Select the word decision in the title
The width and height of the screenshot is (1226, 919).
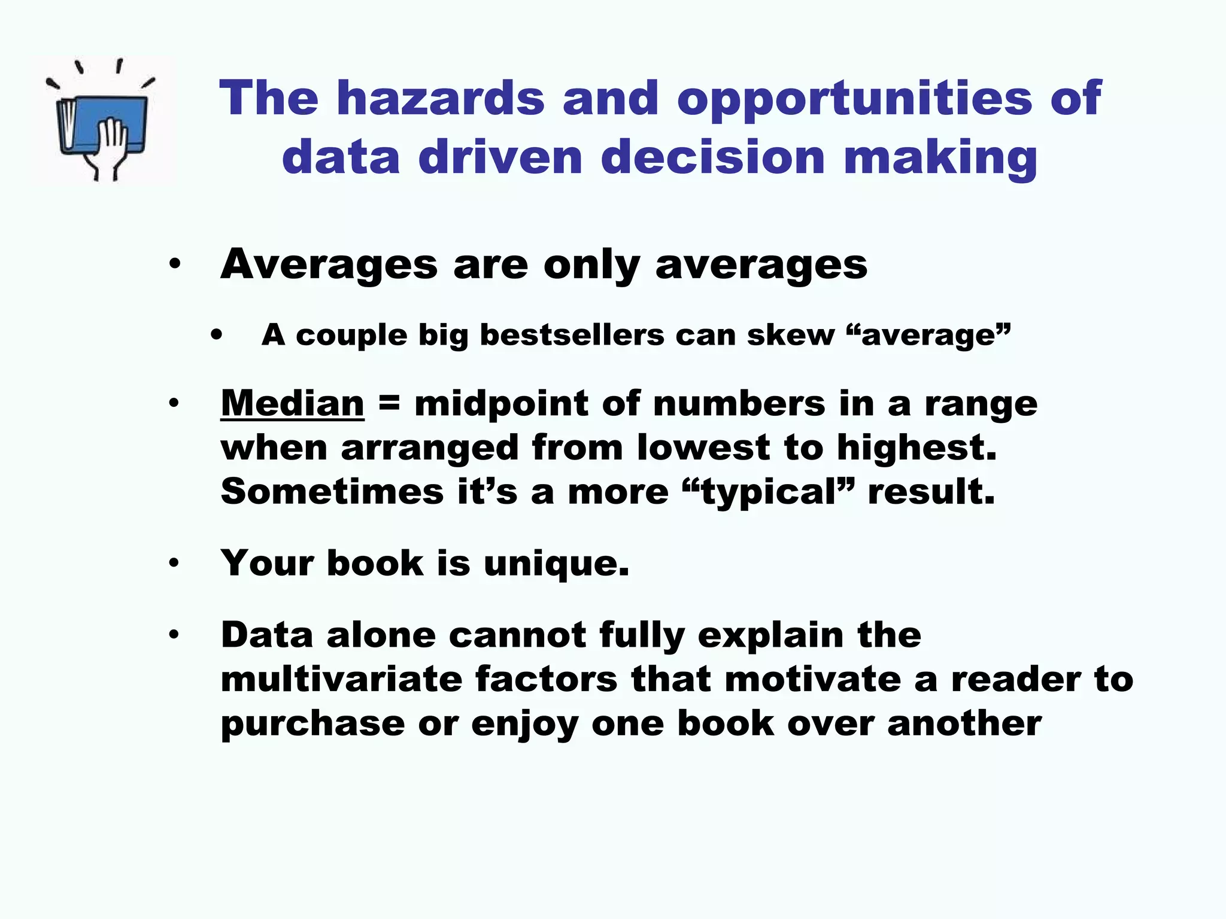[x=712, y=157]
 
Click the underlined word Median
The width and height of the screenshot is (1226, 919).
[x=292, y=403]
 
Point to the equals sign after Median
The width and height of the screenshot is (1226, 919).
[x=389, y=403]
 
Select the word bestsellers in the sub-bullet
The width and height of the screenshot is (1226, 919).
[x=572, y=335]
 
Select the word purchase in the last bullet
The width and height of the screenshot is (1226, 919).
[x=312, y=725]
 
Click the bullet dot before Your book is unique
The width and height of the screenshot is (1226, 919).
[x=174, y=563]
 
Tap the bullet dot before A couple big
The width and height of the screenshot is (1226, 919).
[x=216, y=336]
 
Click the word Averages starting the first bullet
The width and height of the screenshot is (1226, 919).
[x=329, y=264]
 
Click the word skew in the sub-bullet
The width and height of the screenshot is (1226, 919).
[x=790, y=335]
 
